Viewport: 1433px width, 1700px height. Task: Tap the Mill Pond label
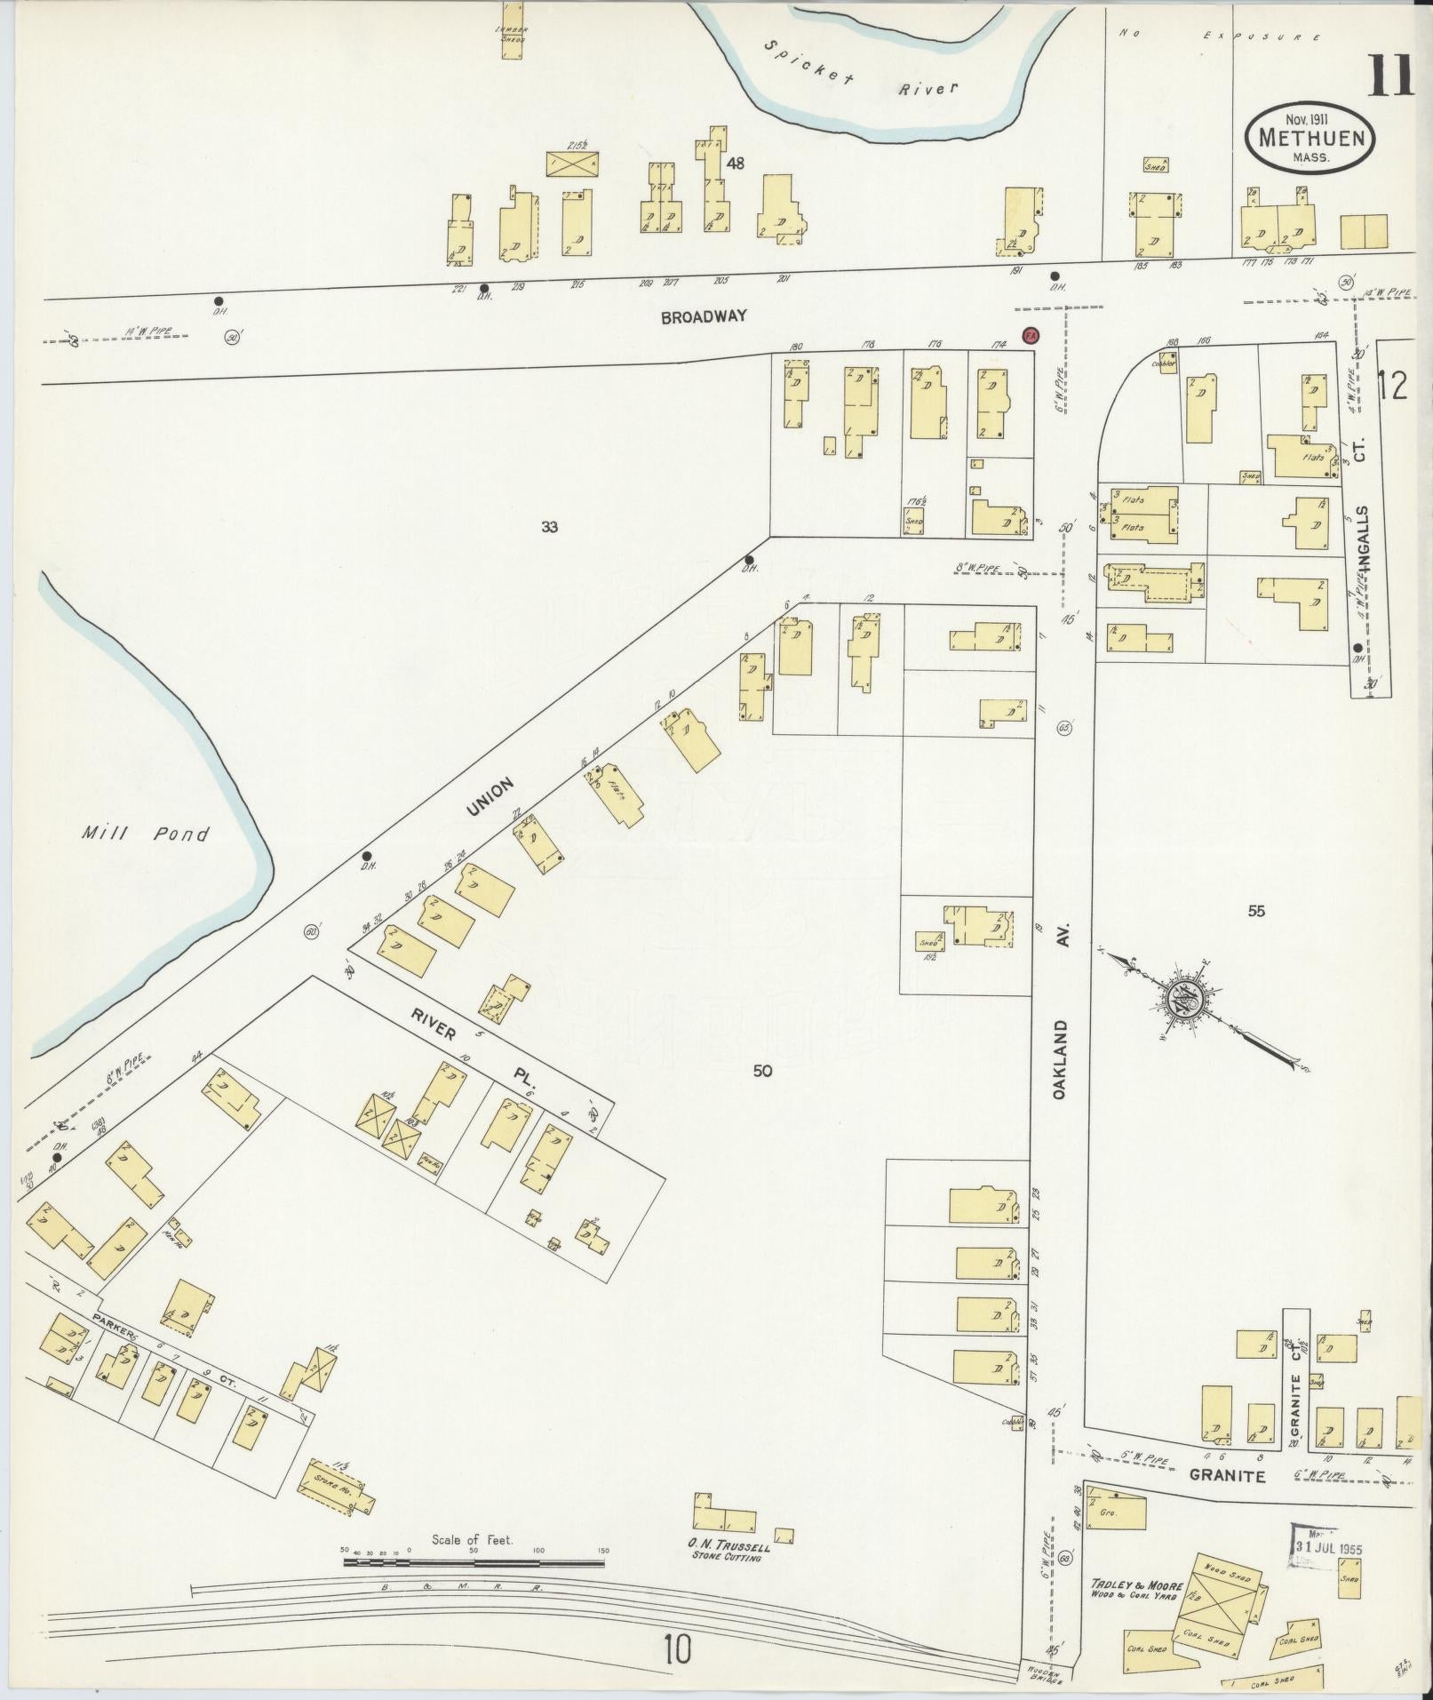(x=146, y=834)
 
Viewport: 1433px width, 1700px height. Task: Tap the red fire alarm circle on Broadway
(x=1031, y=335)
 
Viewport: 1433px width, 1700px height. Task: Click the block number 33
(x=550, y=527)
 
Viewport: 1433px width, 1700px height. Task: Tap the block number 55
(x=1254, y=911)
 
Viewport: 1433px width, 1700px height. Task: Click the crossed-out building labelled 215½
(x=572, y=164)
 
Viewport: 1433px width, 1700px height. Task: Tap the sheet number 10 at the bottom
(x=677, y=1651)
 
